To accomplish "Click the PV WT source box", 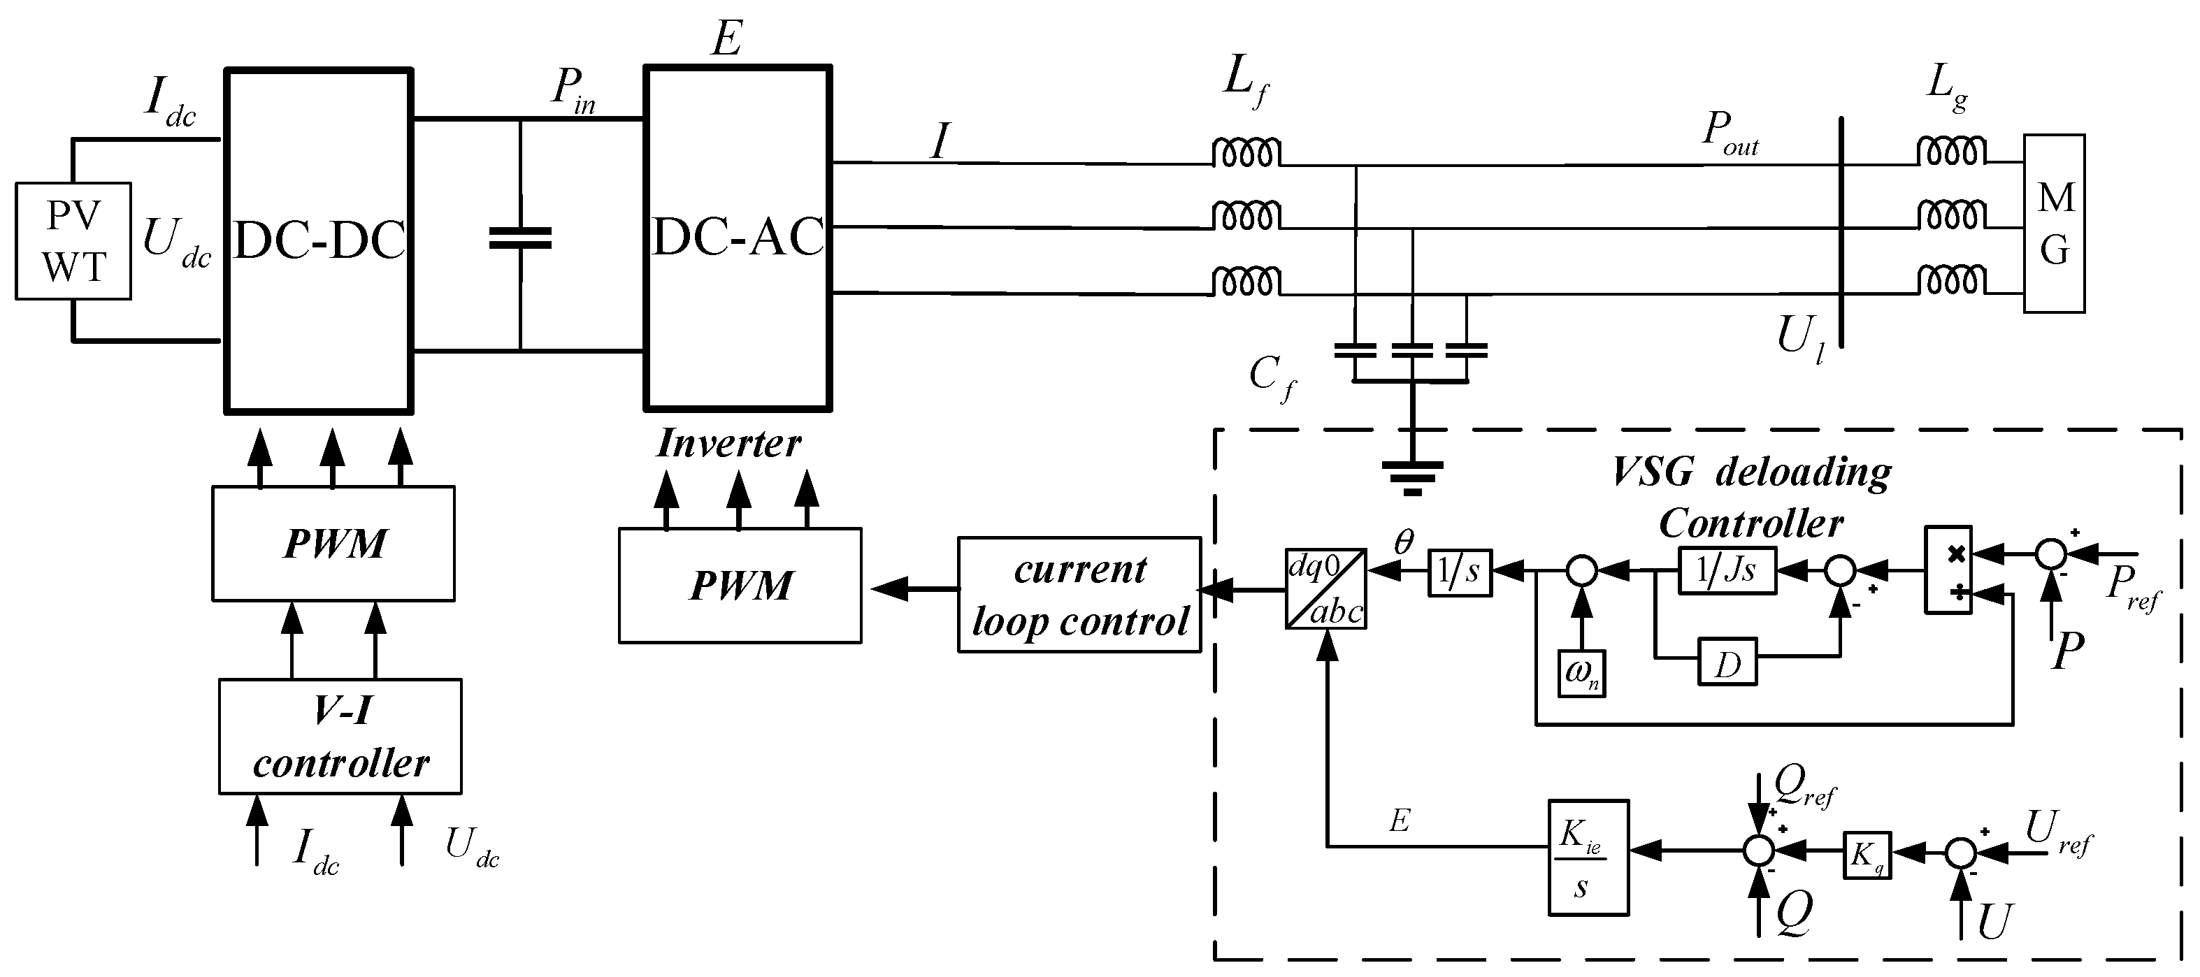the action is pyautogui.click(x=73, y=241).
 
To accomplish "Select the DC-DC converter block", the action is pyautogui.click(x=319, y=241).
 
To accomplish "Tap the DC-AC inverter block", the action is pyautogui.click(x=738, y=238).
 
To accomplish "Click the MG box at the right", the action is pyautogui.click(x=2054, y=223).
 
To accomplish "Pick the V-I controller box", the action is pyautogui.click(x=340, y=736).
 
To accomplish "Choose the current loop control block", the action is pyautogui.click(x=1079, y=595).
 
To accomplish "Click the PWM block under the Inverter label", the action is pyautogui.click(x=740, y=585).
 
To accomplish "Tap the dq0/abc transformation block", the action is pyautogui.click(x=1326, y=589).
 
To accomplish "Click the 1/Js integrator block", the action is pyautogui.click(x=1727, y=570).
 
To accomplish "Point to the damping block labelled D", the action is pyautogui.click(x=1727, y=661).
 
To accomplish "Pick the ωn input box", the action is pyautogui.click(x=1582, y=673).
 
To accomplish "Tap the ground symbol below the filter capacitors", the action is pyautogui.click(x=1413, y=477).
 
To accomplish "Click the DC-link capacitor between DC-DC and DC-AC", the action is pyautogui.click(x=520, y=238).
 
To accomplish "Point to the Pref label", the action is pyautogui.click(x=2132, y=589).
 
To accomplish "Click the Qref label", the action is pyautogui.click(x=1804, y=784).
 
